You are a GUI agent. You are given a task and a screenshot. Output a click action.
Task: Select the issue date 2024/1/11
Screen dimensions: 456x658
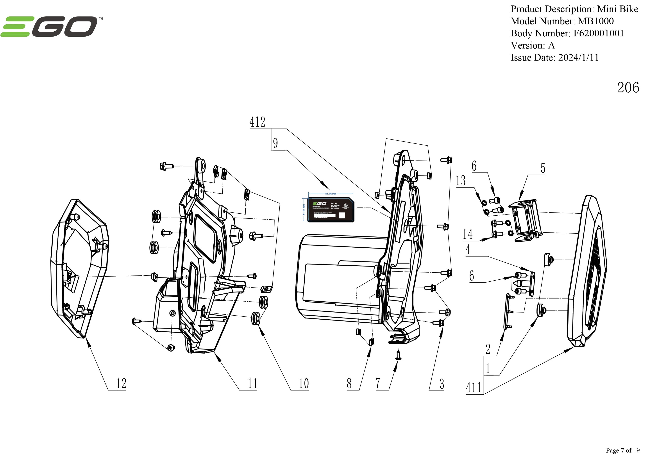(x=578, y=57)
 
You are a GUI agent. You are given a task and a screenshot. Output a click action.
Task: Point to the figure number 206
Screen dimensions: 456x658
(x=628, y=88)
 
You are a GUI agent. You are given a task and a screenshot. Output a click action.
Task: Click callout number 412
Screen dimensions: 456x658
(x=257, y=122)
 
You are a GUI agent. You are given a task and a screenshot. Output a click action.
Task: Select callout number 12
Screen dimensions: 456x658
(x=121, y=383)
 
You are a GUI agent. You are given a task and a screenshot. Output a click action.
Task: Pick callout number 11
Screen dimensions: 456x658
(x=252, y=383)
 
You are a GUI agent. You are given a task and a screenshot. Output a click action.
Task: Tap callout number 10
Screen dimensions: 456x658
(x=303, y=383)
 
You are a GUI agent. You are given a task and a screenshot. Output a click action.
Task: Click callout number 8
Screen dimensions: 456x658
(x=349, y=383)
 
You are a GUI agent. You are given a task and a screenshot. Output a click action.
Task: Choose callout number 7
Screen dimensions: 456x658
(x=378, y=383)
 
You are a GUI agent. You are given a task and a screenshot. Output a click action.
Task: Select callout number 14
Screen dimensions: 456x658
(x=468, y=234)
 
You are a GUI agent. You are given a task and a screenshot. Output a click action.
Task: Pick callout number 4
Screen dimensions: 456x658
(x=468, y=250)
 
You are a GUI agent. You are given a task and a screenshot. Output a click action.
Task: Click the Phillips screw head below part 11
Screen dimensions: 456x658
(x=171, y=348)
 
